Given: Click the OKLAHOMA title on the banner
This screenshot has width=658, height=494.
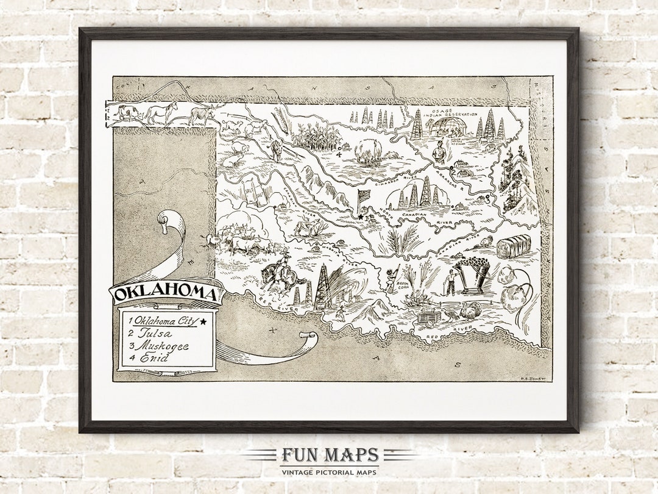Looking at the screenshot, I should [166, 293].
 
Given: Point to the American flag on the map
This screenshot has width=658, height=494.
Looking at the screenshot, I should [364, 196].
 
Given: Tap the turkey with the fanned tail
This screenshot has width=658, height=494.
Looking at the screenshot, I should [471, 311].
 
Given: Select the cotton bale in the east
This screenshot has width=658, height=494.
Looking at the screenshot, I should [513, 246].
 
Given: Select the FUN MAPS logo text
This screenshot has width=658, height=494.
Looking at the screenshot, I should [330, 456].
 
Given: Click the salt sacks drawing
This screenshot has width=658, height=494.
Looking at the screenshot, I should [255, 190].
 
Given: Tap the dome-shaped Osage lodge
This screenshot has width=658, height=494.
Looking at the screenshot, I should [448, 126].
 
